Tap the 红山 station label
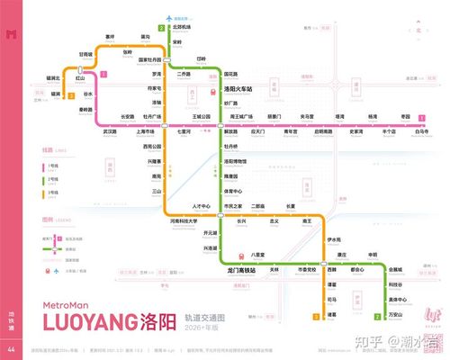78,80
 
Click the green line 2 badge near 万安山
375,316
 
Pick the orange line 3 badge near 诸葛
315,316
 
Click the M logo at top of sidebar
11,34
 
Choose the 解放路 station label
230,131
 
